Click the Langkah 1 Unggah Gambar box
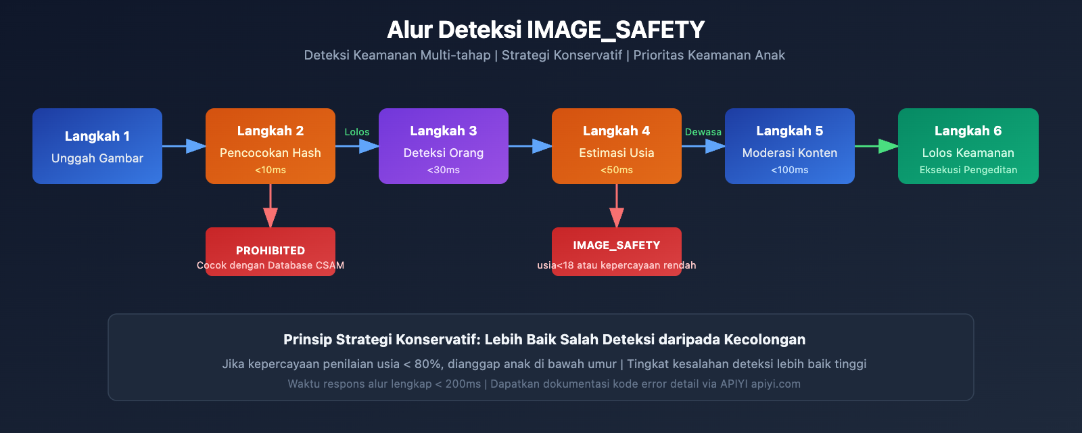click(97, 146)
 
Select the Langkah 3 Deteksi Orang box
click(444, 146)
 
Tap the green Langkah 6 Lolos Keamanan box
click(968, 146)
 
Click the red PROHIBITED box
click(270, 252)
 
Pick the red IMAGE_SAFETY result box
click(617, 252)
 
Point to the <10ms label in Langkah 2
click(270, 170)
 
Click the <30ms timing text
click(444, 170)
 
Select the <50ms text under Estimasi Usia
click(617, 170)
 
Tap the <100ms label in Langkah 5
click(790, 170)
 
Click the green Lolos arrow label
click(357, 132)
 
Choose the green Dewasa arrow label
click(703, 132)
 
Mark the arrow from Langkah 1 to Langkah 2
click(184, 146)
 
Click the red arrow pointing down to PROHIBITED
click(270, 206)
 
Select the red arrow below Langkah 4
click(617, 206)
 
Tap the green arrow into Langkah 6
click(876, 146)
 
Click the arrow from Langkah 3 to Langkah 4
click(530, 146)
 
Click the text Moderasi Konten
click(790, 153)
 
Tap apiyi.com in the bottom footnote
click(775, 384)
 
